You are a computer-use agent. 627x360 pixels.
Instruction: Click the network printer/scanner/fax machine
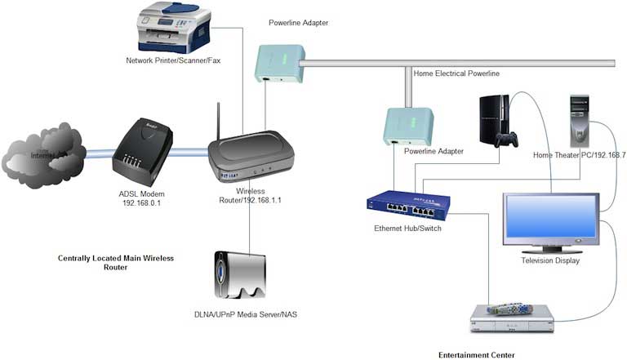coord(174,29)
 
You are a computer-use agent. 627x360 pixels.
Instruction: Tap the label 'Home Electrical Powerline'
coord(456,73)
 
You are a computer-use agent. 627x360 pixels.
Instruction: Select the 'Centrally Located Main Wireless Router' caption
coord(116,262)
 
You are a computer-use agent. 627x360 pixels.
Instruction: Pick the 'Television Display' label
coord(550,260)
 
